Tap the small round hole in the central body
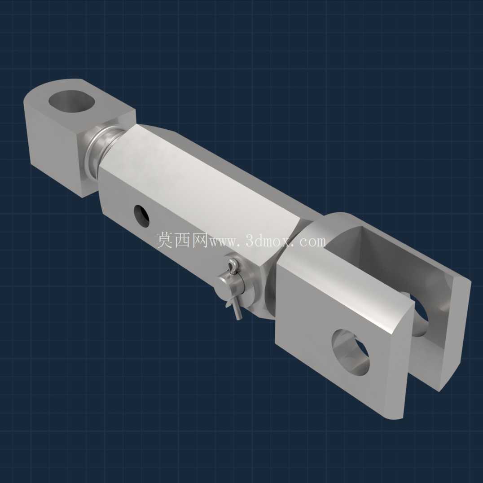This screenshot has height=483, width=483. (141, 216)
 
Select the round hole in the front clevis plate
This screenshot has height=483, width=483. (350, 352)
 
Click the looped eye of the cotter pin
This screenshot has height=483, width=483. (233, 264)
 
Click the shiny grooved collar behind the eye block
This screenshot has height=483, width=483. (103, 147)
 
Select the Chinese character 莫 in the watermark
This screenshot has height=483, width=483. (164, 240)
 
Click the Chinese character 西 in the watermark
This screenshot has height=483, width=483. (183, 240)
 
